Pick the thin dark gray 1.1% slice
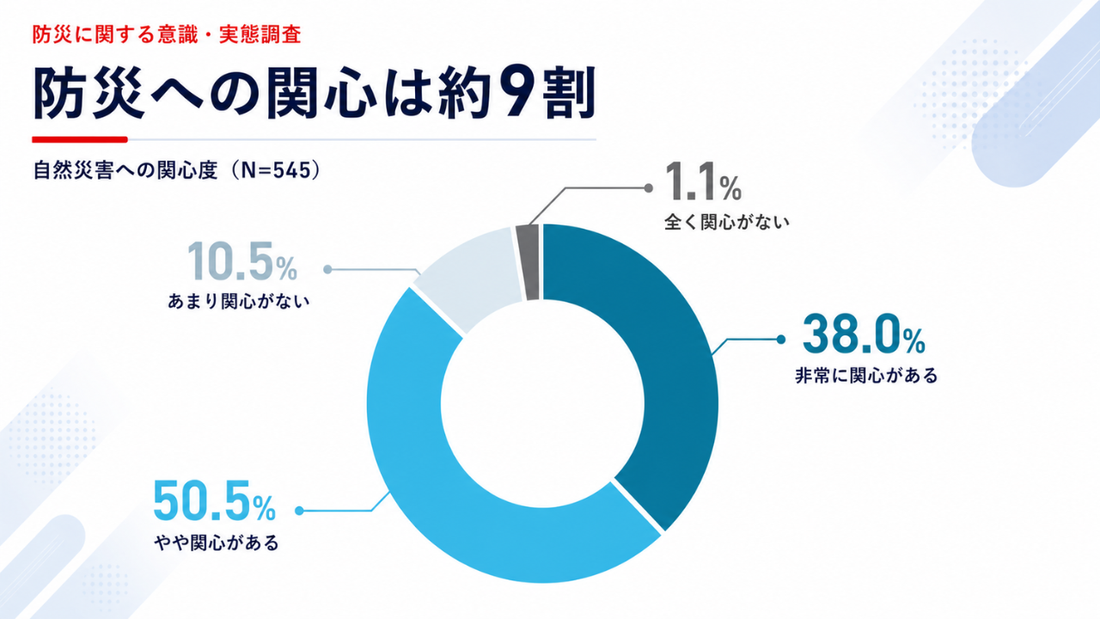(529, 262)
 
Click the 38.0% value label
(864, 334)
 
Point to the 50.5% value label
(214, 500)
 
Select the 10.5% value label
(242, 260)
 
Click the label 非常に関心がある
(866, 376)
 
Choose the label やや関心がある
(217, 542)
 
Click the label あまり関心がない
(239, 301)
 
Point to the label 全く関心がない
(727, 222)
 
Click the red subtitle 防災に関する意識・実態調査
(167, 35)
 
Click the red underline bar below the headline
(80, 139)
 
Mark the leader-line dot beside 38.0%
(781, 340)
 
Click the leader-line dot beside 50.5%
(299, 511)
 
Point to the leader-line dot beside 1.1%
(648, 187)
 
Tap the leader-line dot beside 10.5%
(327, 269)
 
